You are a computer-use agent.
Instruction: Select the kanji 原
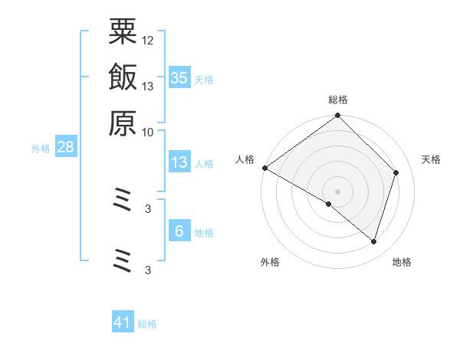pos(123,122)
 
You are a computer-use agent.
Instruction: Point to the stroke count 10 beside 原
pos(148,132)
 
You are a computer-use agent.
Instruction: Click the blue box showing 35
pos(179,77)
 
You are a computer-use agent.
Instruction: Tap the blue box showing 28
pos(65,147)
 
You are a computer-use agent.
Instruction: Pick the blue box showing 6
pos(179,231)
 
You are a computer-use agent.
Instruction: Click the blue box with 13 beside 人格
pos(179,162)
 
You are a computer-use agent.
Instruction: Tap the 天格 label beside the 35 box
pos(204,79)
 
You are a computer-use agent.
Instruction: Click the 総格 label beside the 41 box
pos(147,324)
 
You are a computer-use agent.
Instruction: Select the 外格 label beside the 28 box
pos(41,149)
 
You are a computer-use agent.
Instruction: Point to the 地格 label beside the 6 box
pos(204,233)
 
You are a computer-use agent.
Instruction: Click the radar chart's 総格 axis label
pos(338,100)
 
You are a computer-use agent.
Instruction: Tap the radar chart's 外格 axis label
pos(270,263)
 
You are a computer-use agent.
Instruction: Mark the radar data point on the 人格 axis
pos(264,168)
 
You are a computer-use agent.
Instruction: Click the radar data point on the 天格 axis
pos(396,172)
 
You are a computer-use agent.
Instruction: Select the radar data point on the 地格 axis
pos(373,241)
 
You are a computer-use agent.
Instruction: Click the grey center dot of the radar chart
pos(338,191)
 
